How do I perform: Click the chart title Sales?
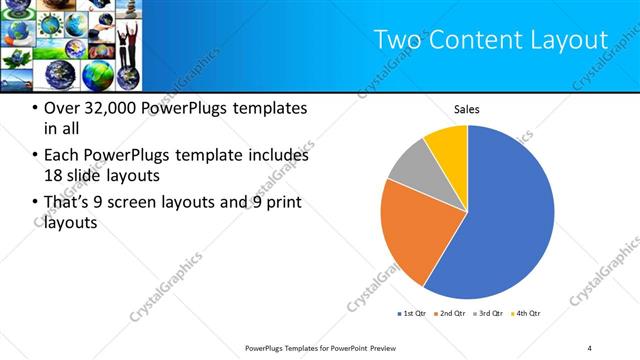(467, 108)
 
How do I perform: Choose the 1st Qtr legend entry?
(413, 315)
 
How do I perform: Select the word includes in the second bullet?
(275, 156)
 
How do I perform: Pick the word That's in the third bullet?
(67, 203)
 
